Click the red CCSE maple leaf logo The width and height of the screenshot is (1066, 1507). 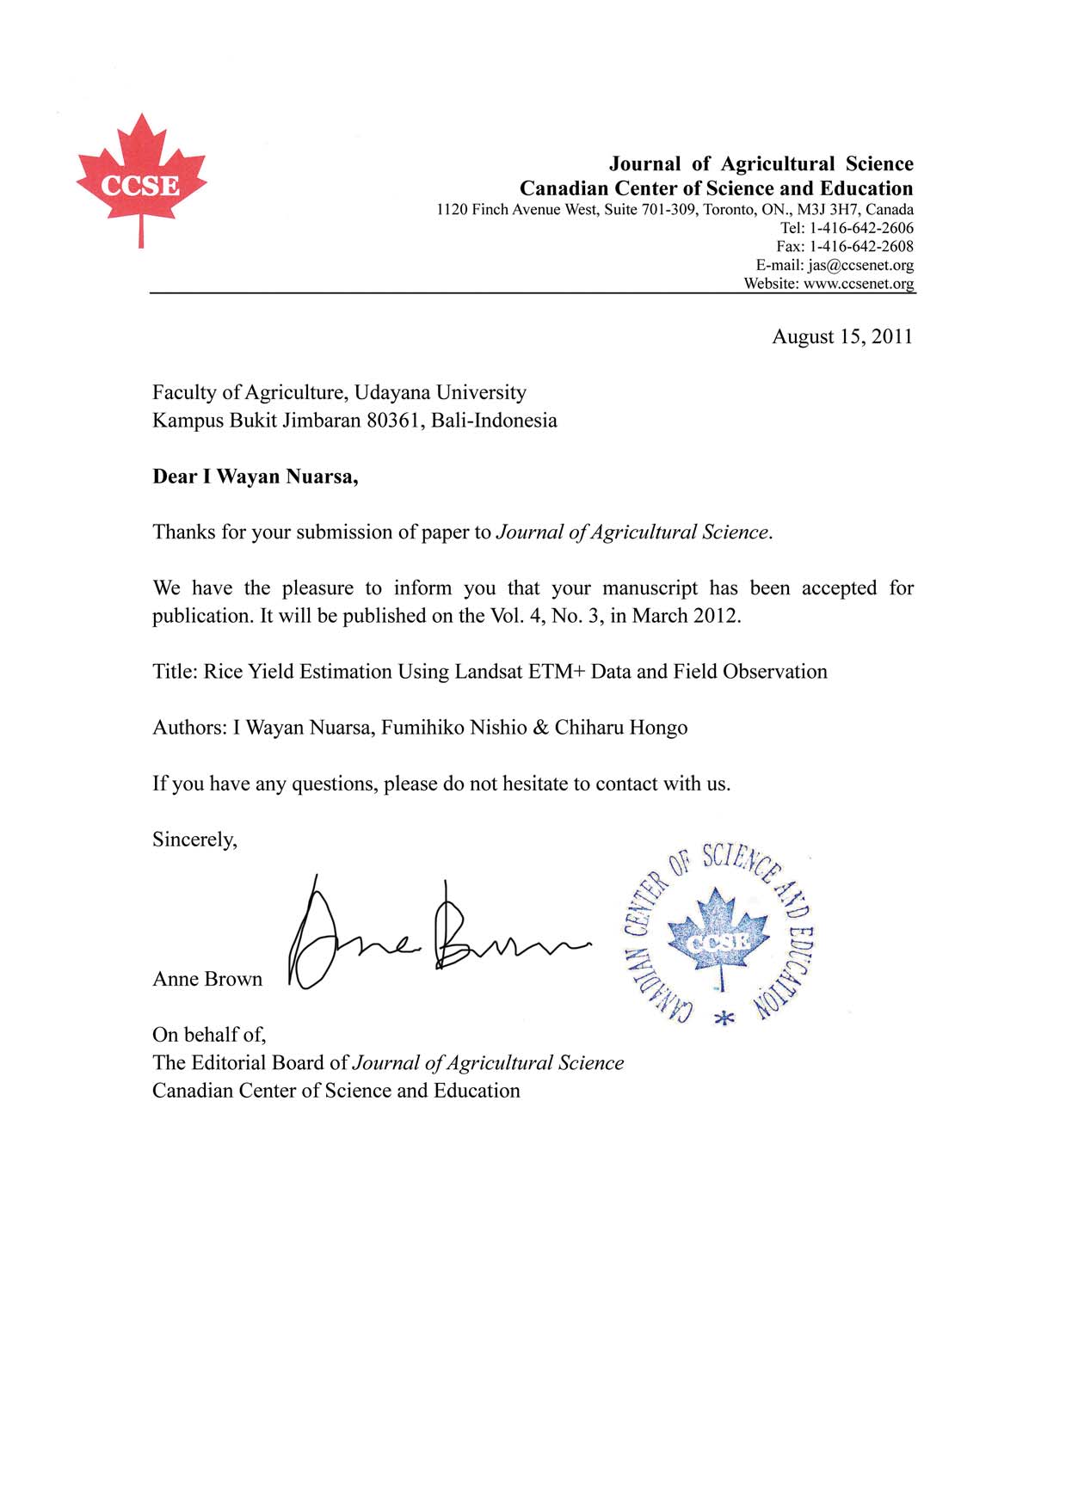[141, 181]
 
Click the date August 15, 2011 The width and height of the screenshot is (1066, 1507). [841, 336]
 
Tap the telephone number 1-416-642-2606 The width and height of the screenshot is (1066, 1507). [860, 228]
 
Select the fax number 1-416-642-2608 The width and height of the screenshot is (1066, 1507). [860, 247]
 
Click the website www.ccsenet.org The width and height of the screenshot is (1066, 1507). [858, 284]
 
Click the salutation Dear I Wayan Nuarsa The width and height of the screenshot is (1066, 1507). [255, 477]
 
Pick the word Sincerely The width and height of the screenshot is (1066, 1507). [194, 840]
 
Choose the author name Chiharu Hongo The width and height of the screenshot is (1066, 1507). [620, 728]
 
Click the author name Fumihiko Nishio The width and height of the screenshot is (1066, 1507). [453, 728]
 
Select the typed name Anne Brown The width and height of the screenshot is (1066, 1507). [207, 979]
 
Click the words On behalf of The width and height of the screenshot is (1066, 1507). [209, 1035]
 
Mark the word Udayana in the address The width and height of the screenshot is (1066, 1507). [391, 392]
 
